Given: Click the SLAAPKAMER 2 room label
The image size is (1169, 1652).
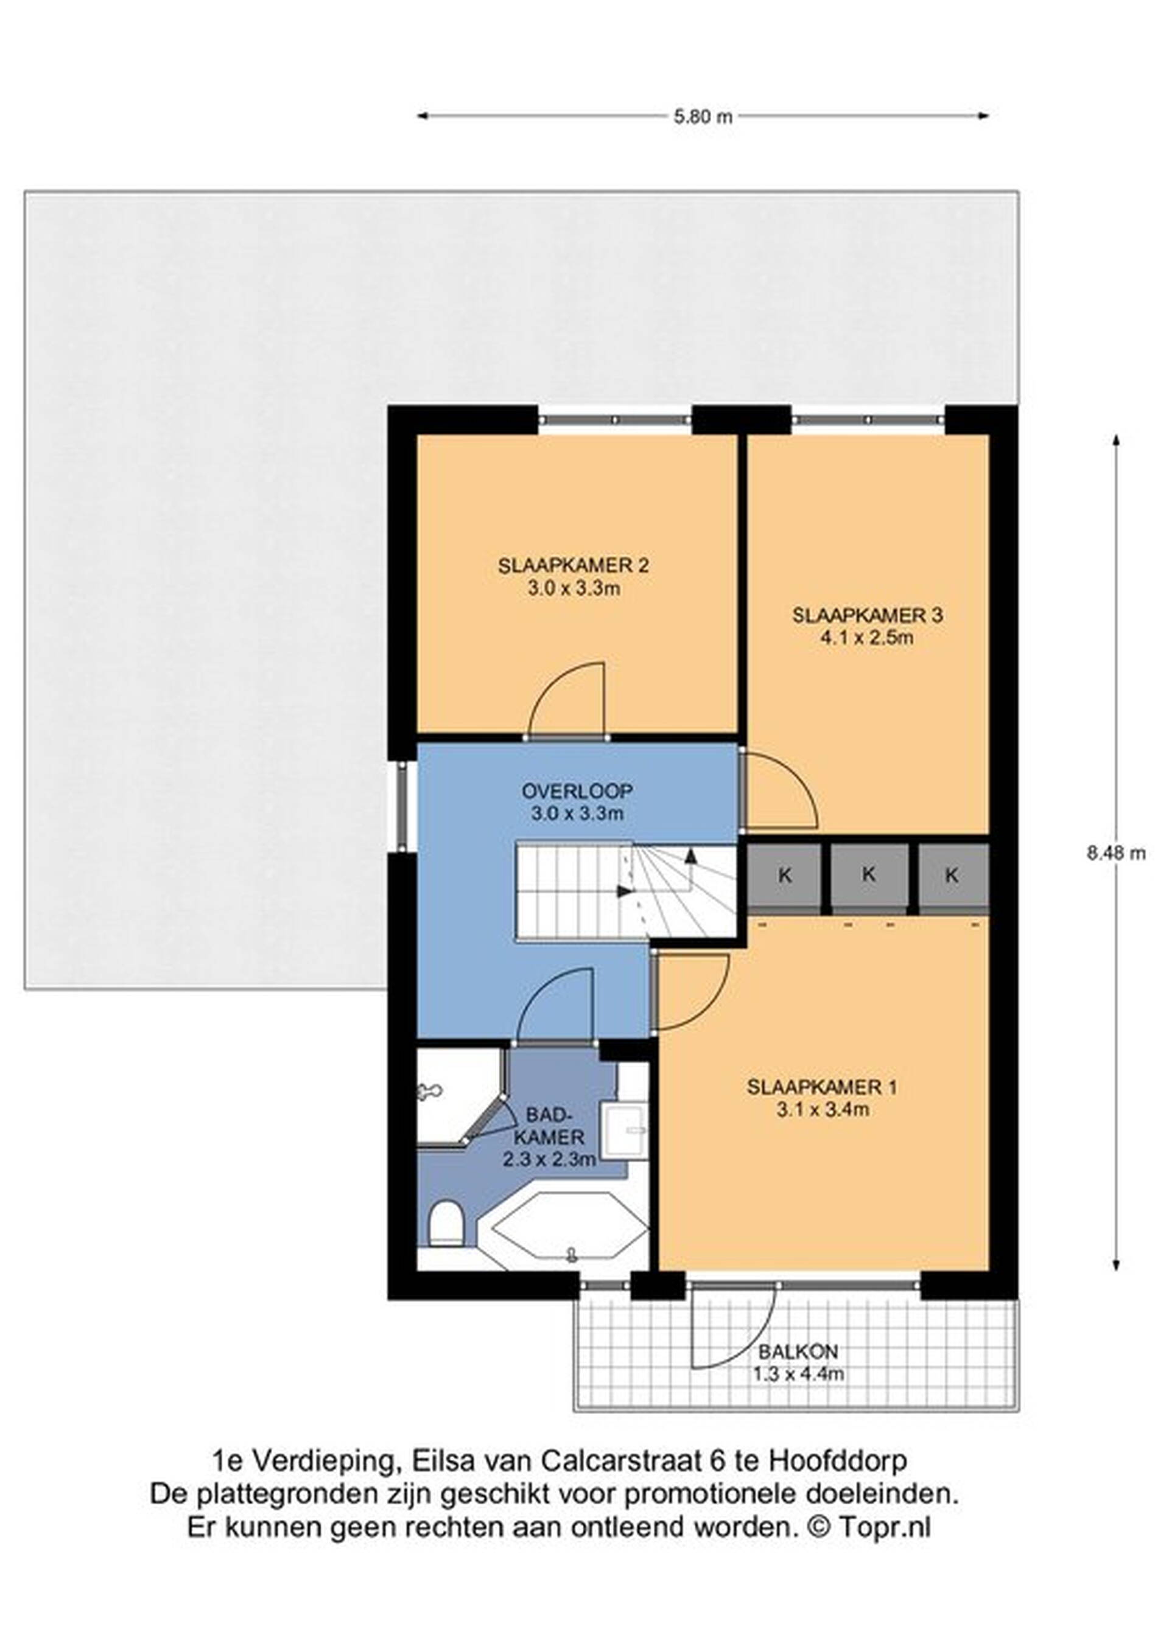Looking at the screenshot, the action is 573,565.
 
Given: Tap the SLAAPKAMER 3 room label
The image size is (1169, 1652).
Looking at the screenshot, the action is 868,615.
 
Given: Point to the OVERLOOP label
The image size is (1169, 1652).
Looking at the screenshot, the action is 577,792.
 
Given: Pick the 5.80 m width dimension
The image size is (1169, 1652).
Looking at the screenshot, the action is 703,117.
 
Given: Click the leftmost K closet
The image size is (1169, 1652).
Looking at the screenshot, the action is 785,876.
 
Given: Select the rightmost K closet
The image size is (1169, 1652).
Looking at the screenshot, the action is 952,876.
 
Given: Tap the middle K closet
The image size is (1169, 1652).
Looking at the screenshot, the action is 869,876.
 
